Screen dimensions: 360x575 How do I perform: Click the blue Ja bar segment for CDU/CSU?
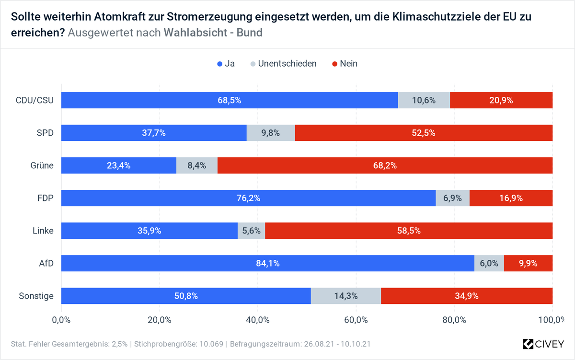coord(230,100)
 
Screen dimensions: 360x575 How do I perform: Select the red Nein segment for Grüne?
coord(385,165)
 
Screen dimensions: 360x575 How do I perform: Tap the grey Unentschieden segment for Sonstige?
coord(345,296)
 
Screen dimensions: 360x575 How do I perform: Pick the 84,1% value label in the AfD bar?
coord(268,263)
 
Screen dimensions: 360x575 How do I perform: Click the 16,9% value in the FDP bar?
coord(510,198)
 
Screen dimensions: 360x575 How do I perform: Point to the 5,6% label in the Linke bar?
coord(251,231)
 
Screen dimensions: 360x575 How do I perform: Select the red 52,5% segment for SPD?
coord(424,133)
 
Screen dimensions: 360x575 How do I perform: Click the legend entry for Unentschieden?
coord(287,64)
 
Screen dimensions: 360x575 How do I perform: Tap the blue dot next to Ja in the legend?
coord(220,64)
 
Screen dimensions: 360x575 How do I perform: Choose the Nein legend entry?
coord(348,64)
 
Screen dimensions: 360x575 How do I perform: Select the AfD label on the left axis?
coord(46,263)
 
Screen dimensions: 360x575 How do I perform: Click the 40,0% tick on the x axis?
coord(258,320)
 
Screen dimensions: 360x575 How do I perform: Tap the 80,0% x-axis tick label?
coord(454,320)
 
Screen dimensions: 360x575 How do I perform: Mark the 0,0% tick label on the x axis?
coord(61,320)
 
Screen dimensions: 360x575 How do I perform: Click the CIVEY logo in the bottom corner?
coord(544,344)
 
